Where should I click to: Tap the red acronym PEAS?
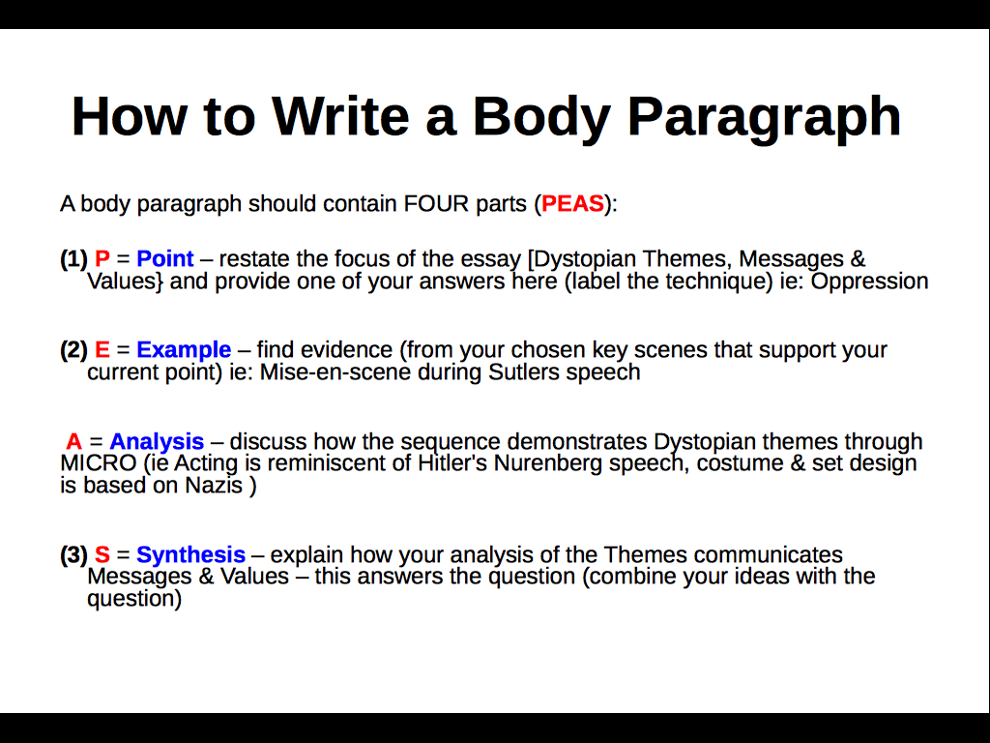tap(572, 204)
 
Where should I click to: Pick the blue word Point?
tap(165, 259)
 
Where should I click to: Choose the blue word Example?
tap(184, 349)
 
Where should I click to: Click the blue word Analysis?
tap(157, 442)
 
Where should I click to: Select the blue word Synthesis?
tap(190, 554)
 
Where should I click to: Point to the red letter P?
tap(102, 259)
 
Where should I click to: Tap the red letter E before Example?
tap(102, 349)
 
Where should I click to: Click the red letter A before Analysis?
tap(74, 442)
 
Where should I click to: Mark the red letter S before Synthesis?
tap(102, 554)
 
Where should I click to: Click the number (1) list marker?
tap(73, 259)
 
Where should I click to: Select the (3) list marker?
tap(73, 554)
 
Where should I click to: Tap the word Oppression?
tap(869, 282)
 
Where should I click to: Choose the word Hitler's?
tap(452, 463)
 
